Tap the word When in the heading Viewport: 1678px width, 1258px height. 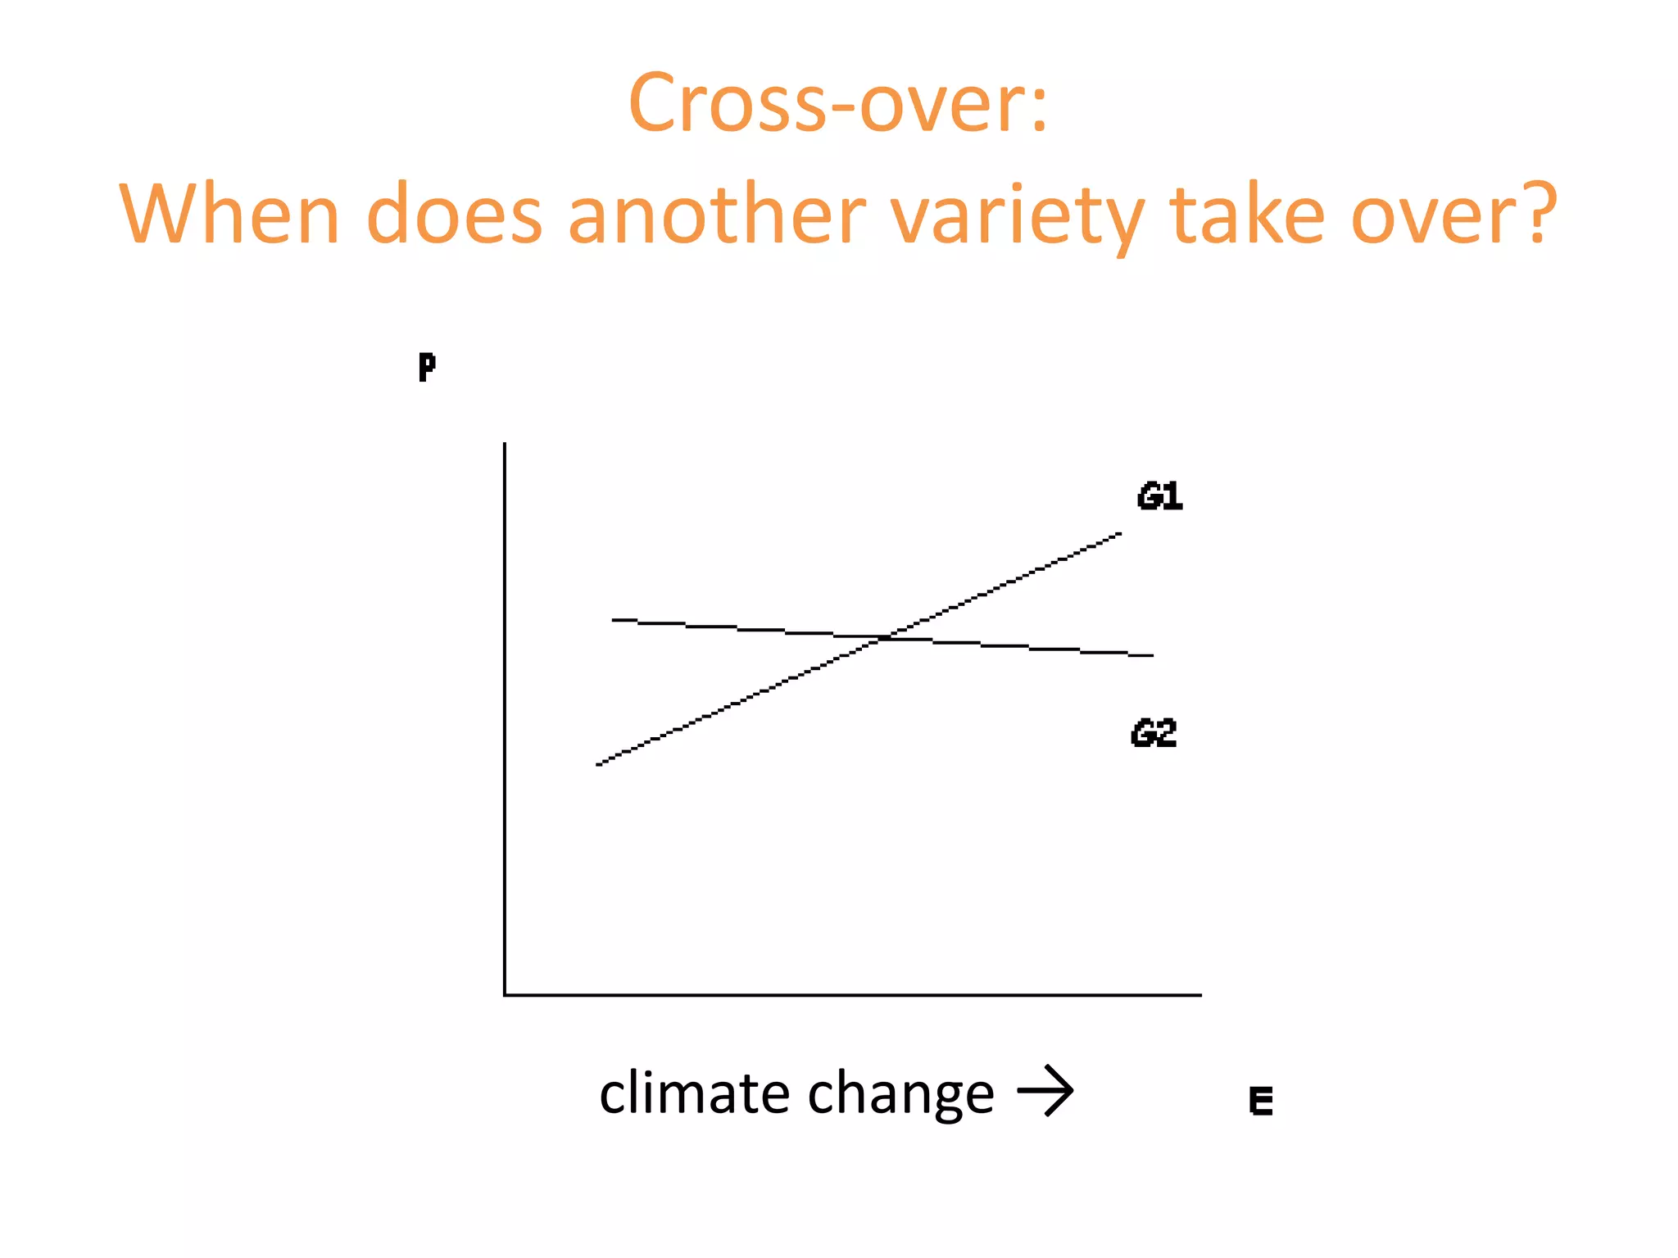click(229, 215)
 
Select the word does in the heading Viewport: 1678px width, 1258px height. click(454, 215)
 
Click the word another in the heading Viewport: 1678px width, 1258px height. click(716, 215)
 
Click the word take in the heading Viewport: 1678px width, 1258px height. click(1247, 215)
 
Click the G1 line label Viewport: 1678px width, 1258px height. click(1159, 497)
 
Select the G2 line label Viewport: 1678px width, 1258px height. click(1153, 733)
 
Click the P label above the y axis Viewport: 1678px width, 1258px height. click(426, 367)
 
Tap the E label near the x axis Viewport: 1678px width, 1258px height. click(1260, 1101)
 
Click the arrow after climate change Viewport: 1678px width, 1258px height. click(1045, 1091)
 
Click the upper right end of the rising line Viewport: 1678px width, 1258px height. click(1119, 535)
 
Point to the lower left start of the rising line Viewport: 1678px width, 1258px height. click(599, 764)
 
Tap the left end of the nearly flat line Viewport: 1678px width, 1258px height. click(614, 620)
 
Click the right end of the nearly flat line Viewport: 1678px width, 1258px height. click(1151, 655)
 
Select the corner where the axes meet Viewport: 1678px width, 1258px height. click(505, 994)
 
